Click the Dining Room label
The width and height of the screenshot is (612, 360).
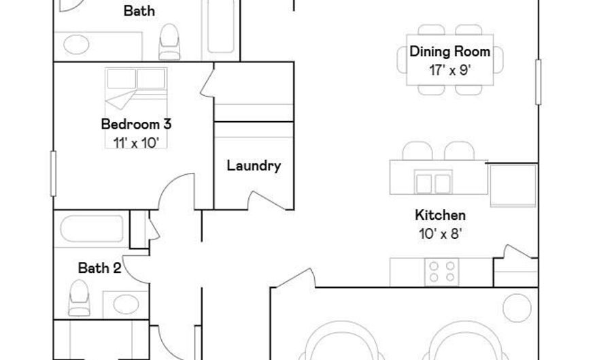point(449,52)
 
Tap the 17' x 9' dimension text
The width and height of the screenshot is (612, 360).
point(449,70)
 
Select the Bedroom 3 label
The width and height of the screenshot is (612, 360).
point(136,124)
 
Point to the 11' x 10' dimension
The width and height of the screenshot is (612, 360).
point(136,143)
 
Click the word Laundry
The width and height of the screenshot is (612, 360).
point(254,166)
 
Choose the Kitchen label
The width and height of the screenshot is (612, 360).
point(440,215)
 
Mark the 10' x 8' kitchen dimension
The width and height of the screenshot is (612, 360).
point(440,234)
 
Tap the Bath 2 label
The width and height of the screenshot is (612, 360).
point(99,268)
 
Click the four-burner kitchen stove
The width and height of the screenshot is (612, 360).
point(442,272)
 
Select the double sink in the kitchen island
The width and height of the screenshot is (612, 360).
point(433,182)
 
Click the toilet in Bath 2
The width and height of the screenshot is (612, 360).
point(79,297)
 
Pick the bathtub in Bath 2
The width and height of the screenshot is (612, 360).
point(92,229)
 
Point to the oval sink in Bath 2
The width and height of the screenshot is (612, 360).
point(126,305)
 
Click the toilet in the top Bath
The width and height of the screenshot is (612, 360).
point(170,42)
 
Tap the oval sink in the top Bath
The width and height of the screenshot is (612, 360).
point(76,44)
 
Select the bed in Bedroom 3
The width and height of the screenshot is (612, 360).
point(136,108)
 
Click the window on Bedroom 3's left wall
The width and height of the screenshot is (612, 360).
point(54,174)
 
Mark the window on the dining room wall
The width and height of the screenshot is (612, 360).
point(539,82)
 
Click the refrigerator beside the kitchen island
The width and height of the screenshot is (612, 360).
point(513,185)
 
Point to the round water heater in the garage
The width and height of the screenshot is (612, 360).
point(517,308)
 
